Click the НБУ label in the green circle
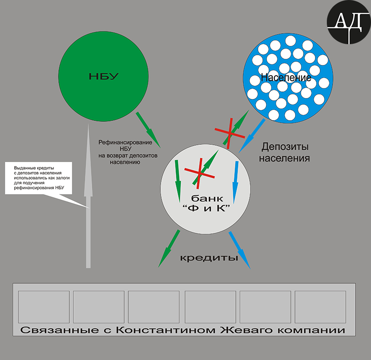[103, 76]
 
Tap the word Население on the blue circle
[286, 77]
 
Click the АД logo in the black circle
[349, 23]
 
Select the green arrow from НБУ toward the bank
[148, 130]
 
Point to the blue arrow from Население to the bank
[252, 136]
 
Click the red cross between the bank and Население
[230, 133]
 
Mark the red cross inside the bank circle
[200, 174]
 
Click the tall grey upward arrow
[88, 196]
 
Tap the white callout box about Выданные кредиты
[38, 178]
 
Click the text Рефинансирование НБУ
[125, 146]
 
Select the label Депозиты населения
[284, 152]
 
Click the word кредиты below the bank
[209, 258]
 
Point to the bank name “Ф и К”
[207, 208]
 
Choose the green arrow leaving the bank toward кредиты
[169, 249]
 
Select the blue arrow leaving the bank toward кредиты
[239, 250]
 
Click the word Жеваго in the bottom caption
[246, 330]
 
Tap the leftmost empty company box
[44, 307]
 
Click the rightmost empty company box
[320, 307]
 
